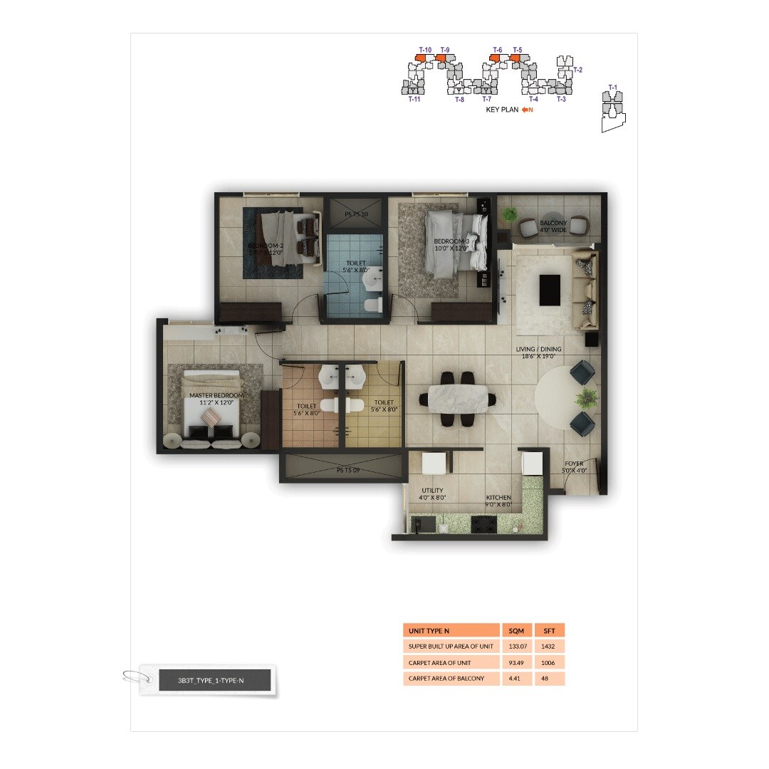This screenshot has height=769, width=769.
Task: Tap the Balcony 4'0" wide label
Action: tap(553, 226)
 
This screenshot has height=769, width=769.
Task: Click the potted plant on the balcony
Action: tap(510, 215)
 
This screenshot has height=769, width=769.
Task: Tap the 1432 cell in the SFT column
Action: tap(549, 647)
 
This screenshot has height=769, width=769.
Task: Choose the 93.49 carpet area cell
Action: tap(516, 662)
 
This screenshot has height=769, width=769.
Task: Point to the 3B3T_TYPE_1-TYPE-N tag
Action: tap(211, 681)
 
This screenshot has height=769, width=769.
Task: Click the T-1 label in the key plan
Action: tap(612, 88)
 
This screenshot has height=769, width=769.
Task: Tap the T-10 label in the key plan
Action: tap(425, 50)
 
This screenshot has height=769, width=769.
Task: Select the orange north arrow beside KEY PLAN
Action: tap(527, 110)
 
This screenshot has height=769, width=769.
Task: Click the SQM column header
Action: tap(516, 631)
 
